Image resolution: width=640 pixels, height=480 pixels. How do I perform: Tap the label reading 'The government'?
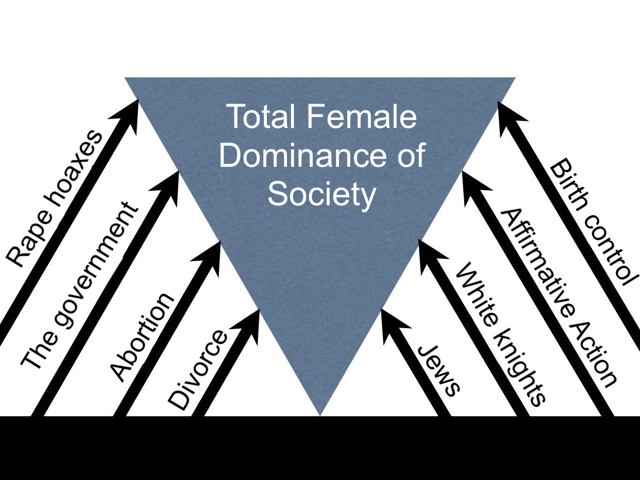tap(80, 285)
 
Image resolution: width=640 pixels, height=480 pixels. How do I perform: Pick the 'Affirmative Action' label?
tap(558, 298)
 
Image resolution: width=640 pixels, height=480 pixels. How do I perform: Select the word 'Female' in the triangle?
tap(361, 117)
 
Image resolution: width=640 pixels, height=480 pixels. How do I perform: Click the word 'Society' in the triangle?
tap(322, 194)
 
